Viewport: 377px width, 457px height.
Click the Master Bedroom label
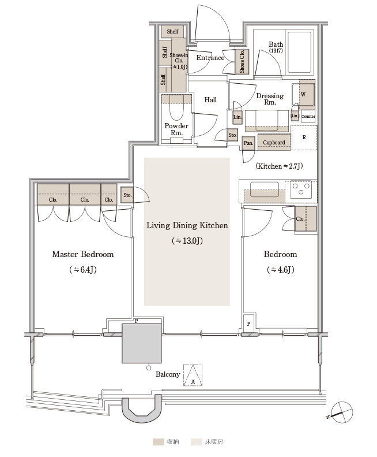coord(83,254)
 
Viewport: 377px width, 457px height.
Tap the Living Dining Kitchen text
coord(187,225)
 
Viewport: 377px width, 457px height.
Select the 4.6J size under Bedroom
coord(280,270)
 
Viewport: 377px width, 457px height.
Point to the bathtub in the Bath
coord(299,53)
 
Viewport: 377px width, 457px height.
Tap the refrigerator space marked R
coord(304,138)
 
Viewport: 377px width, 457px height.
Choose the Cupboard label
coord(274,142)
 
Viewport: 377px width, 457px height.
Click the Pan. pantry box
coord(248,143)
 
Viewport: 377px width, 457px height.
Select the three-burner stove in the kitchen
coord(301,188)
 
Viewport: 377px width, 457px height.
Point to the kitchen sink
coord(265,190)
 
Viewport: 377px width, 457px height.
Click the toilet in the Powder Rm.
coord(176,108)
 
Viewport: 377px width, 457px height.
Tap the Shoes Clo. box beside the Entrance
coord(242,61)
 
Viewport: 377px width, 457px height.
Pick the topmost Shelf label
coord(172,31)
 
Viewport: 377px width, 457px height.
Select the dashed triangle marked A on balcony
coord(193,376)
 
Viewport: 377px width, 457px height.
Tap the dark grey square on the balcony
coord(141,343)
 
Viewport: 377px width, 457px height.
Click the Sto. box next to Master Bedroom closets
coord(127,195)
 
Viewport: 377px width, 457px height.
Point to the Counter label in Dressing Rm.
coord(308,116)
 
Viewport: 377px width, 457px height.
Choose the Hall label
coord(210,100)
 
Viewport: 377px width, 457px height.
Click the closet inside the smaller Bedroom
coord(306,218)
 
